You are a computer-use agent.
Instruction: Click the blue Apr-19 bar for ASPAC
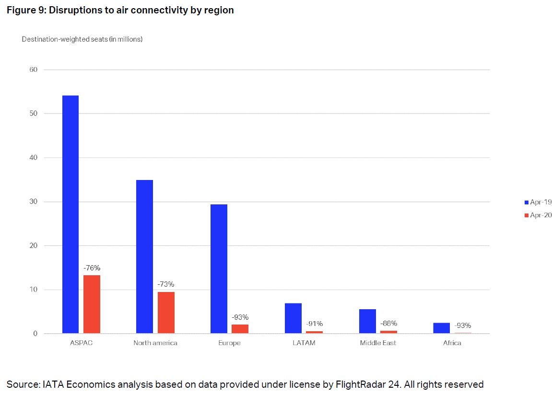[x=70, y=214]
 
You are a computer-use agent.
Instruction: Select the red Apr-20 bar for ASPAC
[x=92, y=304]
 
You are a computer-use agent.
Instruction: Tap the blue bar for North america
[x=144, y=257]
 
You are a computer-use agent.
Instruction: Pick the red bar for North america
[x=166, y=313]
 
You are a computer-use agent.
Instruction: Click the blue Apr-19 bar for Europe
[x=219, y=269]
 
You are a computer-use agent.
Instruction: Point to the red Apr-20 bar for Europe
[x=240, y=329]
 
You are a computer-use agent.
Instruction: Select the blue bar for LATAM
[x=293, y=318]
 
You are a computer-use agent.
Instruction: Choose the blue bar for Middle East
[x=367, y=321]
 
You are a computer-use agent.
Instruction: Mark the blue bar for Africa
[x=441, y=328]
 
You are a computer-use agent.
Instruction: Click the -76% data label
[x=92, y=268]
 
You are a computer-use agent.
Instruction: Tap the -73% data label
[x=166, y=284]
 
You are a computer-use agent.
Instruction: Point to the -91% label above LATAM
[x=315, y=324]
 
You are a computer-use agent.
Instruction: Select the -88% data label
[x=388, y=323]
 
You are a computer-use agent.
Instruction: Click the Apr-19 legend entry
[x=538, y=202]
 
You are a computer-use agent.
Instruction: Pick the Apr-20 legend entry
[x=538, y=215]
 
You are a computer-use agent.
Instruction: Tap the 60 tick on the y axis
[x=33, y=69]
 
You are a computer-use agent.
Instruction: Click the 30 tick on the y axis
[x=33, y=202]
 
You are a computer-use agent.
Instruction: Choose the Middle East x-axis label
[x=378, y=343]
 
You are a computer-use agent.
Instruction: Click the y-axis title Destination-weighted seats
[x=82, y=39]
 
